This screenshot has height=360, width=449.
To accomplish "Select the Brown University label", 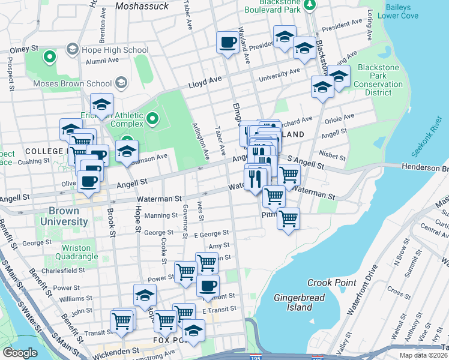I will point(64,217).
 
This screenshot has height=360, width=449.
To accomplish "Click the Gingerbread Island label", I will point(294,302).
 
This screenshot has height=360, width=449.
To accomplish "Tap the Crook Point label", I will point(328,283).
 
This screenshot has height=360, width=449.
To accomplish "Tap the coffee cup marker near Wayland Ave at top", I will point(228,43).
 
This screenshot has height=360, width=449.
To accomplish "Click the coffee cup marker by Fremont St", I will point(208,286).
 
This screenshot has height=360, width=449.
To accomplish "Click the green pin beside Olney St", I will point(49,58).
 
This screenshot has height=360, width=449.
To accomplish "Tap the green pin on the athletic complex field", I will point(152,119).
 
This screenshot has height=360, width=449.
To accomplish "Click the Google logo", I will point(20,353).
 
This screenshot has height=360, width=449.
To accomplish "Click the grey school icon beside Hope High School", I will point(73,49).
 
